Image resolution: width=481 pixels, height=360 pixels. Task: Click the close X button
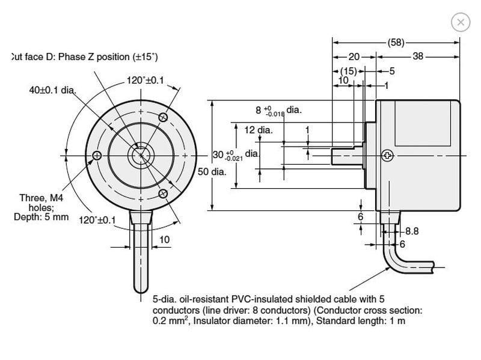point(461,22)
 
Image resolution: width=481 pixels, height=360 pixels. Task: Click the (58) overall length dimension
point(396,42)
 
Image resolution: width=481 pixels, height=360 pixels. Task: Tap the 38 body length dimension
point(418,56)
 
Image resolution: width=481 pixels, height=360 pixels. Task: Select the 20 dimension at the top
point(354,56)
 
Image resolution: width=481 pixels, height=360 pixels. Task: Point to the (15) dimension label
point(349,71)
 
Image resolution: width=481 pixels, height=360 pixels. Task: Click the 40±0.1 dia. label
point(52,90)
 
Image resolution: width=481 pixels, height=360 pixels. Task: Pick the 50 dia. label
point(212,172)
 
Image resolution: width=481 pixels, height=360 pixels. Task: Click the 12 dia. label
point(259,130)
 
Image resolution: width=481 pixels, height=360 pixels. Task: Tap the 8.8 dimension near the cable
point(412,231)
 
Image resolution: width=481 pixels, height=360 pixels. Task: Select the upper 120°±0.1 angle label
point(146,81)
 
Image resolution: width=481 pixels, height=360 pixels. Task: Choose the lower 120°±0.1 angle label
point(97,220)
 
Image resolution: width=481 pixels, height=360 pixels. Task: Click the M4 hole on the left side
point(97,156)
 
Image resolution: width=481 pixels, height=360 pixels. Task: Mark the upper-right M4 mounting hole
point(163,117)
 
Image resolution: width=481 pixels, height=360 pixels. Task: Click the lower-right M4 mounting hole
point(163,194)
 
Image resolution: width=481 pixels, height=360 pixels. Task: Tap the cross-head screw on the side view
point(387,156)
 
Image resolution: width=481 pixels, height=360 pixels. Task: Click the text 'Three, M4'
point(41,198)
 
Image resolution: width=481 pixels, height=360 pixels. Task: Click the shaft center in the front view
point(141,156)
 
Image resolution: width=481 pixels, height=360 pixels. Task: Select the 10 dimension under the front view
point(164,239)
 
